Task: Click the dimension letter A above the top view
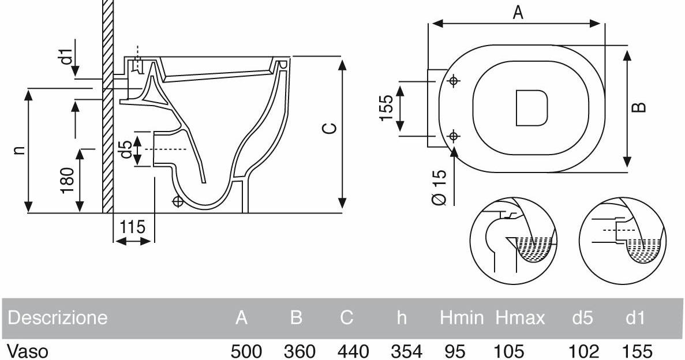[518, 12]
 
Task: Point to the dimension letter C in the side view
[328, 128]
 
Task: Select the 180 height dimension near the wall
[68, 181]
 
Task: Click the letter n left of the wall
[19, 150]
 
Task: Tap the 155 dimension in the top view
[386, 108]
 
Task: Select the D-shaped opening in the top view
[531, 108]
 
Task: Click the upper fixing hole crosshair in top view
[454, 81]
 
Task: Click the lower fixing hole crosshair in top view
[454, 136]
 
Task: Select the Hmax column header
[519, 317]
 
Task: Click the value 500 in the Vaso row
[246, 351]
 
